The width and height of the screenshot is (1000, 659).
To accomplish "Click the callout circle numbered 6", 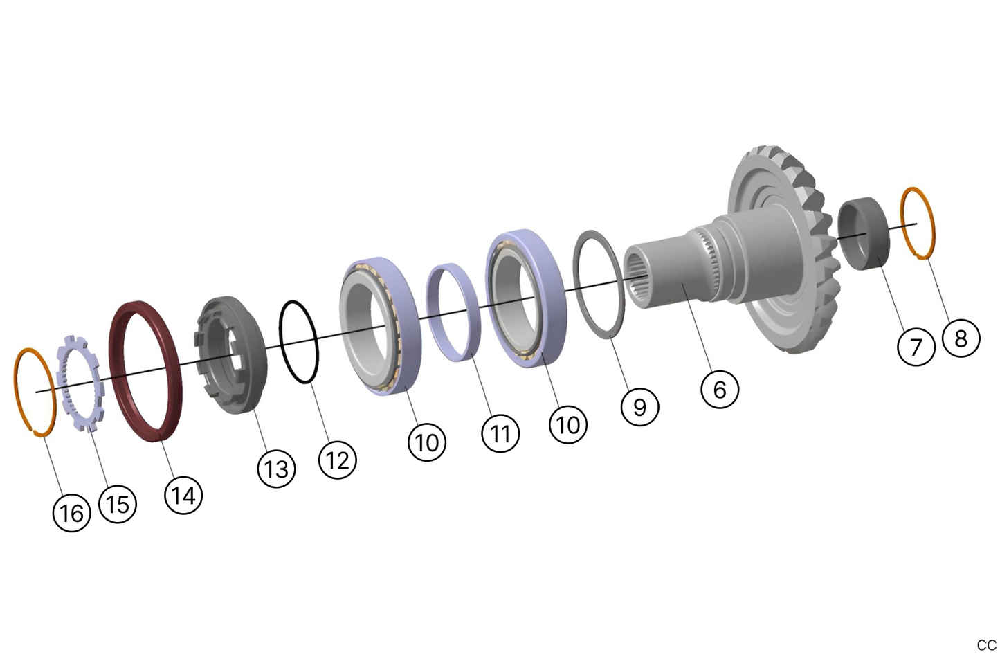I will [720, 389].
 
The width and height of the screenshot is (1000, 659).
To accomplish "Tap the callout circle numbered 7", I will [916, 345].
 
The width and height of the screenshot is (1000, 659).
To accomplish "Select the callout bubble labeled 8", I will [961, 338].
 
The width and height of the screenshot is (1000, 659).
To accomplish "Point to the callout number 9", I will [639, 406].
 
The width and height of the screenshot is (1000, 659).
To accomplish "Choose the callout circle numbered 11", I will [500, 433].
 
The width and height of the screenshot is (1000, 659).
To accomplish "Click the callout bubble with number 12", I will [338, 460].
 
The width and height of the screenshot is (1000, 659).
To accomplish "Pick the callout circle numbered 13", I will [276, 469].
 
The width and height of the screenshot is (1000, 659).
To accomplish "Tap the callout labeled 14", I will [183, 495].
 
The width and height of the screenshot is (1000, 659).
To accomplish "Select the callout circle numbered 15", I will [118, 503].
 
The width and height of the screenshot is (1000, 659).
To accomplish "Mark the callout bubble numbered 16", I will [72, 513].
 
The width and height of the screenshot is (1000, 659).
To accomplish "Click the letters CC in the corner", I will [986, 645].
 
